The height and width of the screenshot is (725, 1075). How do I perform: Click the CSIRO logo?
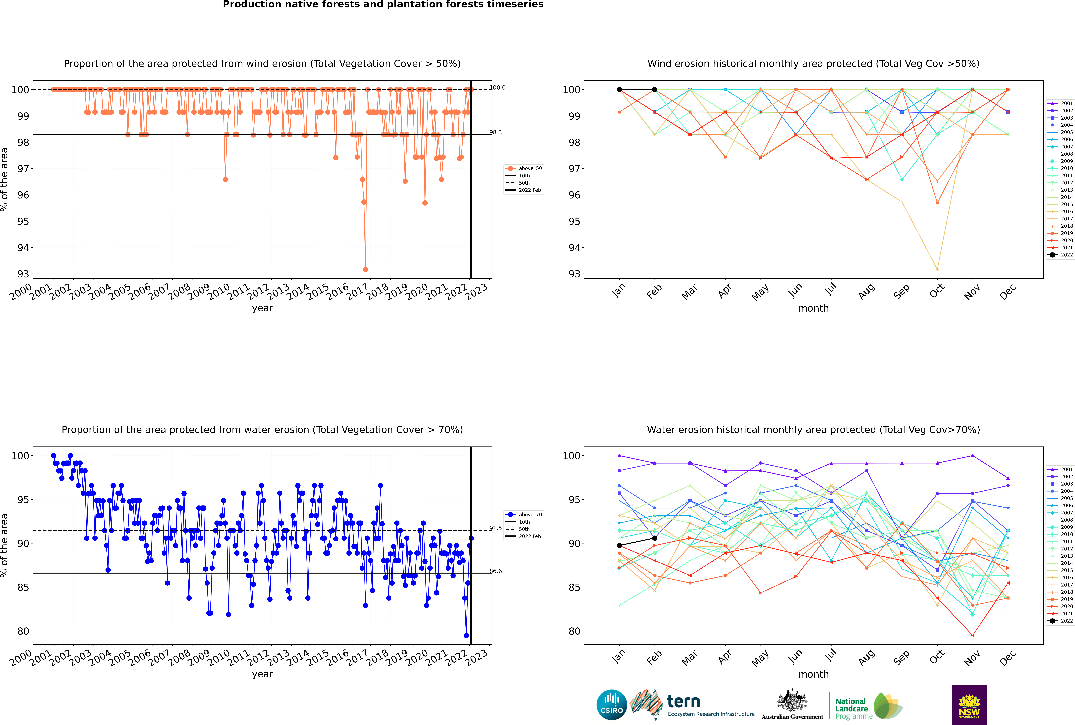pos(611,705)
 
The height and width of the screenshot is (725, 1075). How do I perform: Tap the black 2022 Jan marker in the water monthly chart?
pos(619,546)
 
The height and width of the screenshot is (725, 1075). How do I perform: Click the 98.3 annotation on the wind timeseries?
pos(495,132)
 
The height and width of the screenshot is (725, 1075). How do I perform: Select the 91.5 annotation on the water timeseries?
pos(495,528)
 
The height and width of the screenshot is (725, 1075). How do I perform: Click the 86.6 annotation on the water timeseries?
pos(495,571)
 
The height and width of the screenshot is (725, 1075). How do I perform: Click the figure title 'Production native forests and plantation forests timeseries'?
pos(383,5)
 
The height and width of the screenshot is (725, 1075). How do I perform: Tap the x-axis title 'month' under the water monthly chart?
pos(813,674)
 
